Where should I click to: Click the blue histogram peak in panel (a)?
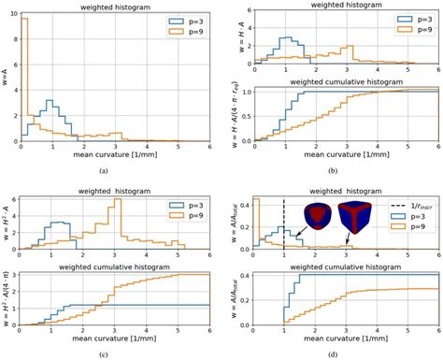coord(49,100)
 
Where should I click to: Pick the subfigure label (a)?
coord(116,172)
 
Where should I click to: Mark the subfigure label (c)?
coord(116,353)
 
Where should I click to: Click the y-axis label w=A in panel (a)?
coord(5,75)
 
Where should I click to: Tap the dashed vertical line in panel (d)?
coord(283,224)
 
